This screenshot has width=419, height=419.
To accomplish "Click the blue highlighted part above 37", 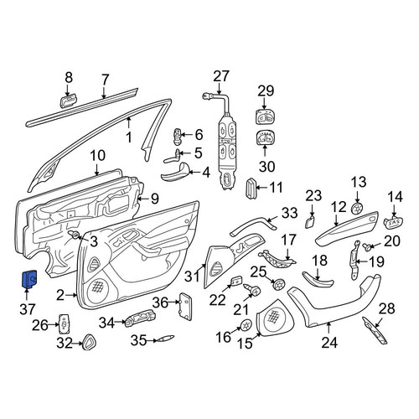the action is click(29, 279).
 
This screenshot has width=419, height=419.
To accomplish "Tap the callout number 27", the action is click(221, 76).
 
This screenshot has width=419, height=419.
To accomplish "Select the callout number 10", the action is click(98, 156).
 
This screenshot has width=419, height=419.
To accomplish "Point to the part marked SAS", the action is click(394, 222).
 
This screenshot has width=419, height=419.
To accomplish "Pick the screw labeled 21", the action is click(252, 290).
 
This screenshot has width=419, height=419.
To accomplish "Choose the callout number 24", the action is click(329, 343).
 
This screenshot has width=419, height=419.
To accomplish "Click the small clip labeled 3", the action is click(74, 235).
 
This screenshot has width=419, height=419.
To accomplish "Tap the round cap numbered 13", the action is click(357, 208).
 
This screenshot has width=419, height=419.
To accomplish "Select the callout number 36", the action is click(160, 303).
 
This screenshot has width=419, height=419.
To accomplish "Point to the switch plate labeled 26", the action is click(64, 324).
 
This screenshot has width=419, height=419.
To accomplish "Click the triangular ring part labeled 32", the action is click(89, 342).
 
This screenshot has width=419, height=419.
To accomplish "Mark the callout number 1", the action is click(129, 137).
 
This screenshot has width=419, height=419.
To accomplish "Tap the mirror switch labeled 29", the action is click(265, 117).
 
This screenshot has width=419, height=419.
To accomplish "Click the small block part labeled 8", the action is click(68, 101).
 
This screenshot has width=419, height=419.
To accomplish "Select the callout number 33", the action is click(289, 214).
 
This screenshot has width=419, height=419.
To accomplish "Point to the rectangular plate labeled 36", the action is click(185, 306).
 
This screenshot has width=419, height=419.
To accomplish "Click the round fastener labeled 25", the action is click(279, 284).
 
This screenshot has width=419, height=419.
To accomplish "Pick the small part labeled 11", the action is click(250, 189).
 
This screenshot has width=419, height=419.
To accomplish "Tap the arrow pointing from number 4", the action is click(195, 173).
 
